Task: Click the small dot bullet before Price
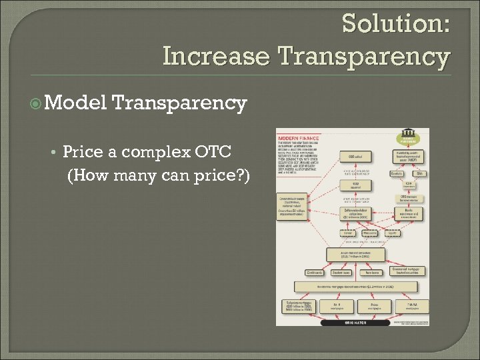coord(53,153)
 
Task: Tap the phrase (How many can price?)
coord(159,175)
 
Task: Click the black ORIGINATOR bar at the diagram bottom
coord(355,322)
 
